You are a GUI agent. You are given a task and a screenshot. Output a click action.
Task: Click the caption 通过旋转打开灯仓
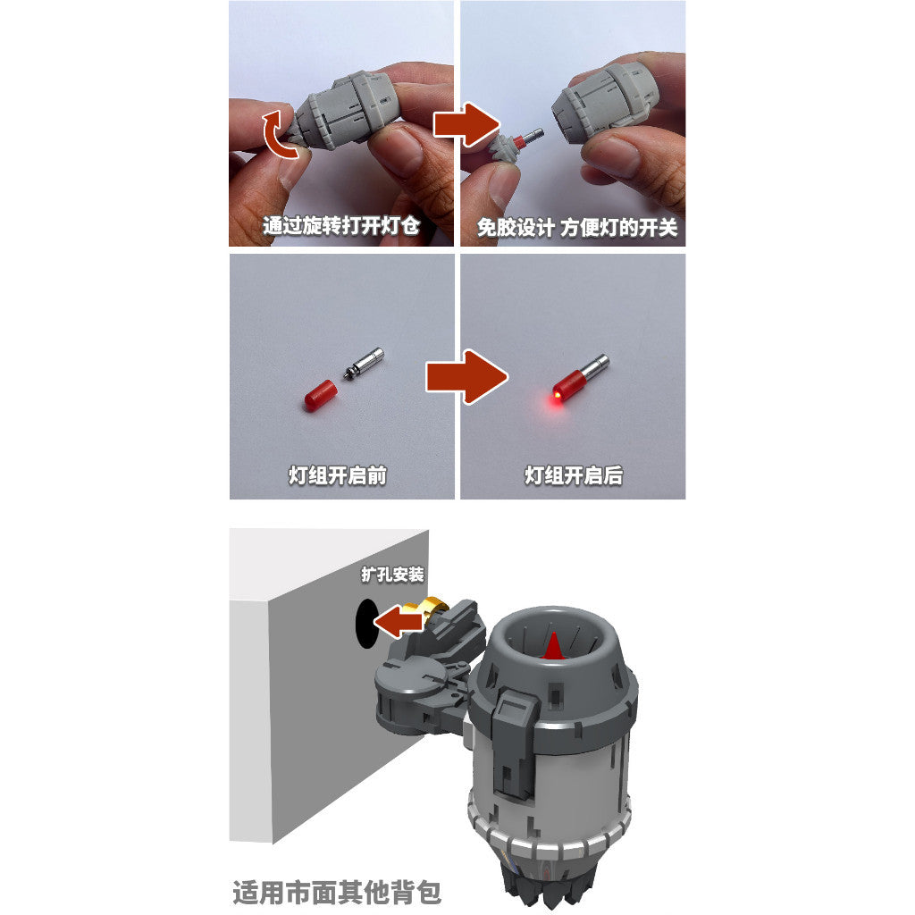[x=341, y=225]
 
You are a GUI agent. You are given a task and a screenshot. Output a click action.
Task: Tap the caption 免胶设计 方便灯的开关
[x=577, y=228]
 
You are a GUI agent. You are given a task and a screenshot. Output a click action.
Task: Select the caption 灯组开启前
[x=338, y=475]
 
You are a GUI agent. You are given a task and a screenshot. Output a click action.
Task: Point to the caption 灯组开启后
[x=574, y=475]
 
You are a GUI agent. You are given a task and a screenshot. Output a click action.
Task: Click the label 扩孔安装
[x=392, y=575]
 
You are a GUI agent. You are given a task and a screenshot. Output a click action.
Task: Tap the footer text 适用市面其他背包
[x=337, y=893]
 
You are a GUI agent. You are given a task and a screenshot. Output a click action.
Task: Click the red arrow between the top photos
[x=466, y=125]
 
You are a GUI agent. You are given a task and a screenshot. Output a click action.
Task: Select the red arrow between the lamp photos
[x=466, y=377]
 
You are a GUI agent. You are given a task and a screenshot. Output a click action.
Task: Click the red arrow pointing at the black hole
[x=399, y=622]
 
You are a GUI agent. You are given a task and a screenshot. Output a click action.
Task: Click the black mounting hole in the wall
[x=365, y=623]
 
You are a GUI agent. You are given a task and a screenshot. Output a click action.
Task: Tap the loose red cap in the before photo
[x=321, y=395]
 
